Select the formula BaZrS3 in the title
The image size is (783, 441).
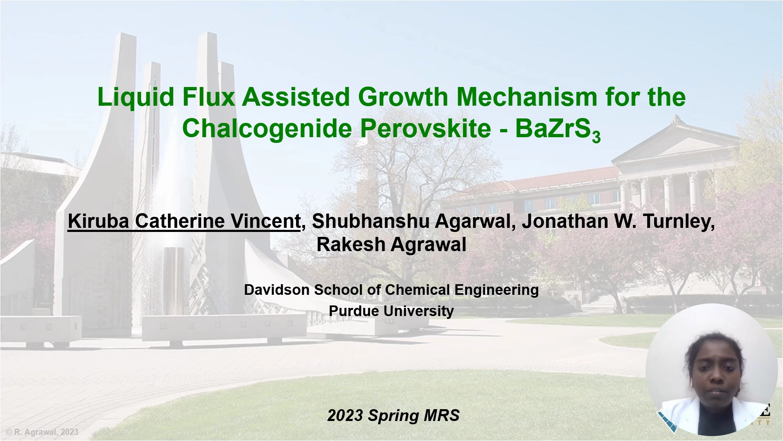558,129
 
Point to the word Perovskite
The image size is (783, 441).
425,128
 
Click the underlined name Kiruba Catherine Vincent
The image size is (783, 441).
184,221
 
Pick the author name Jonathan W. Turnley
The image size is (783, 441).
618,221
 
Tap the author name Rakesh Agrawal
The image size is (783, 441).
391,244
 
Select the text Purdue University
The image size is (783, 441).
391,311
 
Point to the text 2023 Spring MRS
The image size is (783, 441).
394,416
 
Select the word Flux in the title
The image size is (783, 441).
209,97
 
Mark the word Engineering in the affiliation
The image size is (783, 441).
497,290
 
